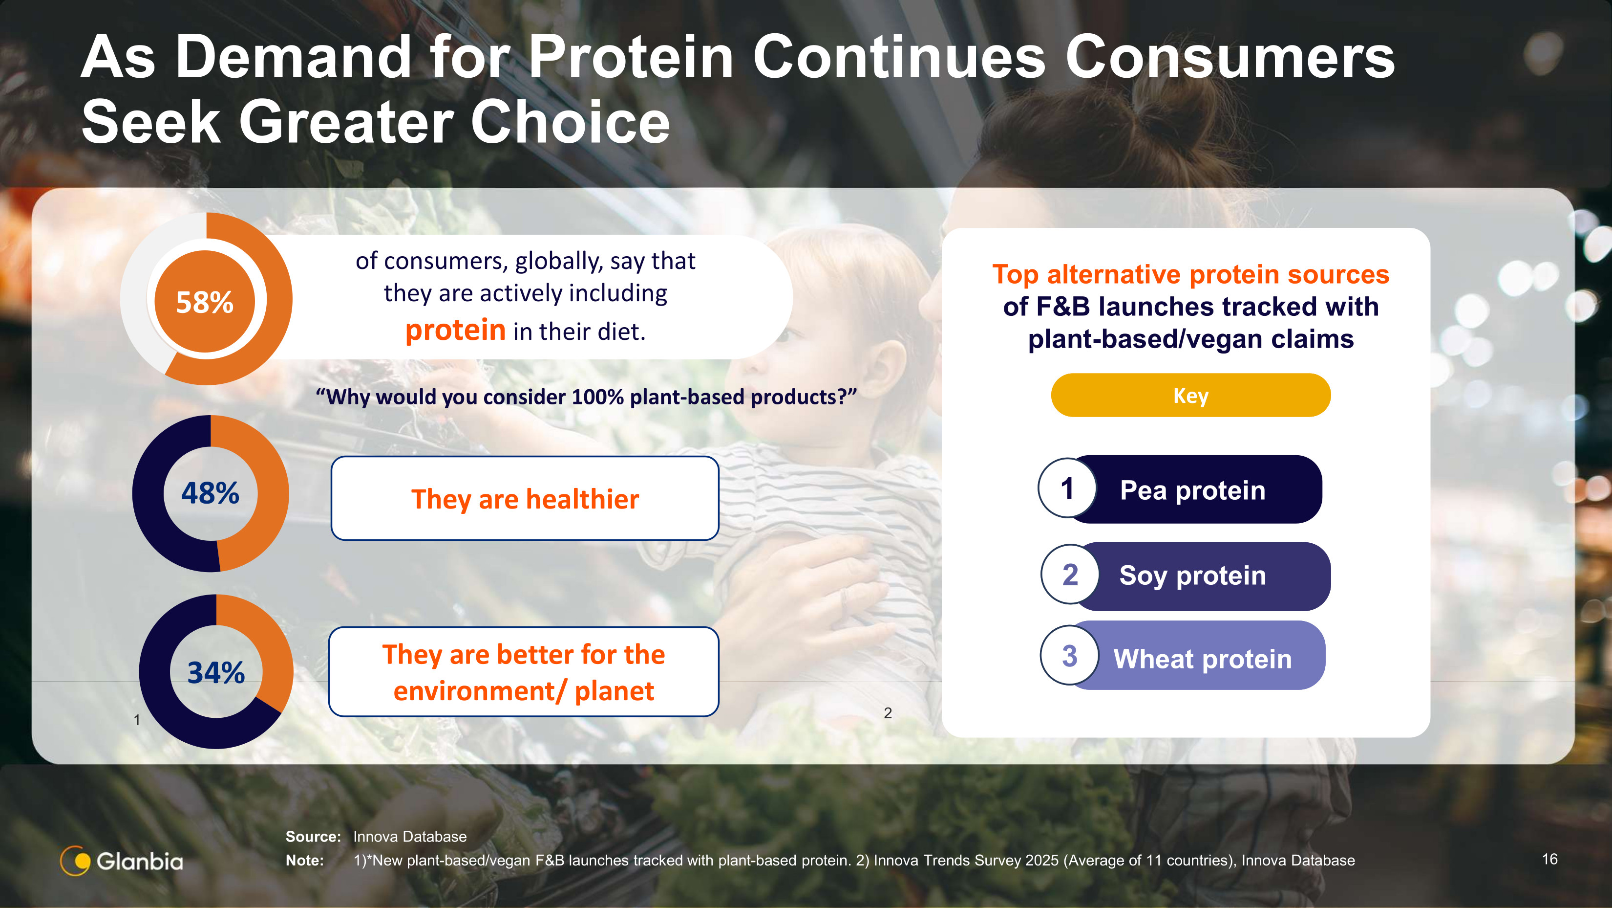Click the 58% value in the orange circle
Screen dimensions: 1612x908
[205, 303]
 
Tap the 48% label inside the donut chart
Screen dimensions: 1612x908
[210, 493]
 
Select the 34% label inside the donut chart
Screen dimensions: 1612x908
[216, 672]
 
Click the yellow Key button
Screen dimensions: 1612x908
[1190, 395]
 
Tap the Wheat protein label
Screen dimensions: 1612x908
[1202, 659]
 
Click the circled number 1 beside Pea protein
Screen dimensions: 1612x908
[1067, 488]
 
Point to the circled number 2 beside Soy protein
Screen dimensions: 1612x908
[1070, 574]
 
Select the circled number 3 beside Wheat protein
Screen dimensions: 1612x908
[1069, 656]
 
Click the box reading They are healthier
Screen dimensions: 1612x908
[525, 498]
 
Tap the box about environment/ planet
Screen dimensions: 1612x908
[524, 672]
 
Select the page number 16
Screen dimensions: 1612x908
[1549, 859]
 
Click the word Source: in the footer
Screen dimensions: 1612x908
[313, 837]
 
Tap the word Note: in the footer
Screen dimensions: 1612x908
[305, 861]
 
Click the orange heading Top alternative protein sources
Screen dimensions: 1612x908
[1190, 274]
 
